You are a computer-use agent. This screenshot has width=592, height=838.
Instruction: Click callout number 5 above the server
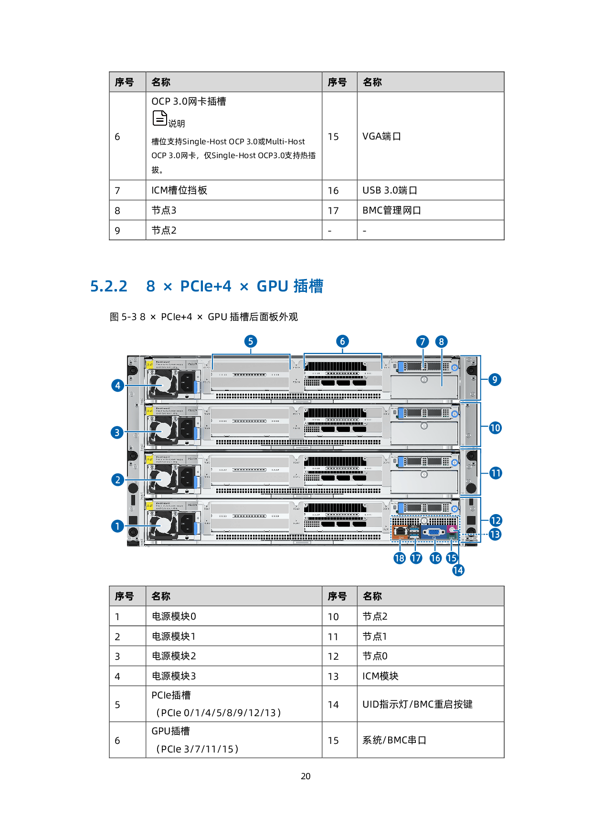point(251,342)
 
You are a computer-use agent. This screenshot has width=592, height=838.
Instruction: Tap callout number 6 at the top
point(342,342)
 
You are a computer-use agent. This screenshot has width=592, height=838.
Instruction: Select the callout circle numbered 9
point(495,380)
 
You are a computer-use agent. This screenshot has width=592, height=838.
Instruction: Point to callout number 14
point(458,570)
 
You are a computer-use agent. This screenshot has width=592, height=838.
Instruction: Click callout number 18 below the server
point(400,558)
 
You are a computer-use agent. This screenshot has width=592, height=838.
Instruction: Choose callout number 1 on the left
point(117,526)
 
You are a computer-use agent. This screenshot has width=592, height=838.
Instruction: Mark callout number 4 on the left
point(117,386)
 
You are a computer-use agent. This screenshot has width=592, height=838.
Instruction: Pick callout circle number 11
point(496,473)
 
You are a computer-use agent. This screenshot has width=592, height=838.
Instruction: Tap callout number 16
point(435,558)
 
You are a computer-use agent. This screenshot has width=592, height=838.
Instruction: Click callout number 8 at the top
point(441,342)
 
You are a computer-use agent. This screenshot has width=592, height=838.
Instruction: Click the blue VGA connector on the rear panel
point(434,531)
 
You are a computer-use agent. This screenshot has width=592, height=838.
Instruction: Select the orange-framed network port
point(401,531)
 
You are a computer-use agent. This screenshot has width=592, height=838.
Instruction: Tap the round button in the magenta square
point(452,529)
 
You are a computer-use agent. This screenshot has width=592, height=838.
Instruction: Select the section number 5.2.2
point(109,286)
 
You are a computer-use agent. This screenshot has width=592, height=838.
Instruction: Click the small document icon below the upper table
point(159,118)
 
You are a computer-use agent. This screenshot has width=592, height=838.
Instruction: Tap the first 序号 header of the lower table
point(124,596)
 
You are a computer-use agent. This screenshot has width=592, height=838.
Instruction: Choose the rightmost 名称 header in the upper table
point(372,82)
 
